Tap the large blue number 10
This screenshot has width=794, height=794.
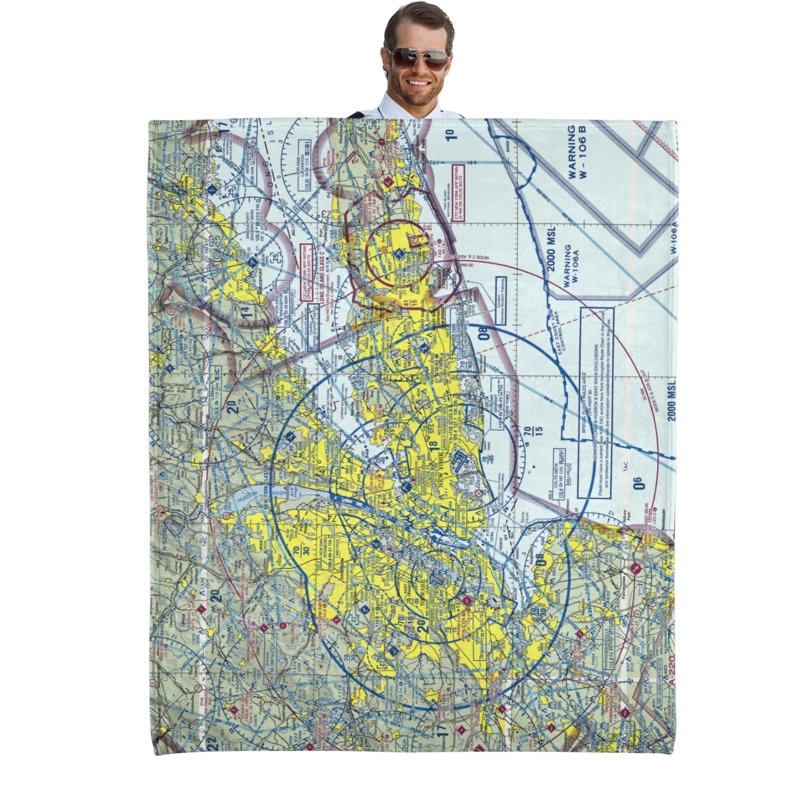(450, 132)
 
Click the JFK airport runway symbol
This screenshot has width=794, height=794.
(460, 466)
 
